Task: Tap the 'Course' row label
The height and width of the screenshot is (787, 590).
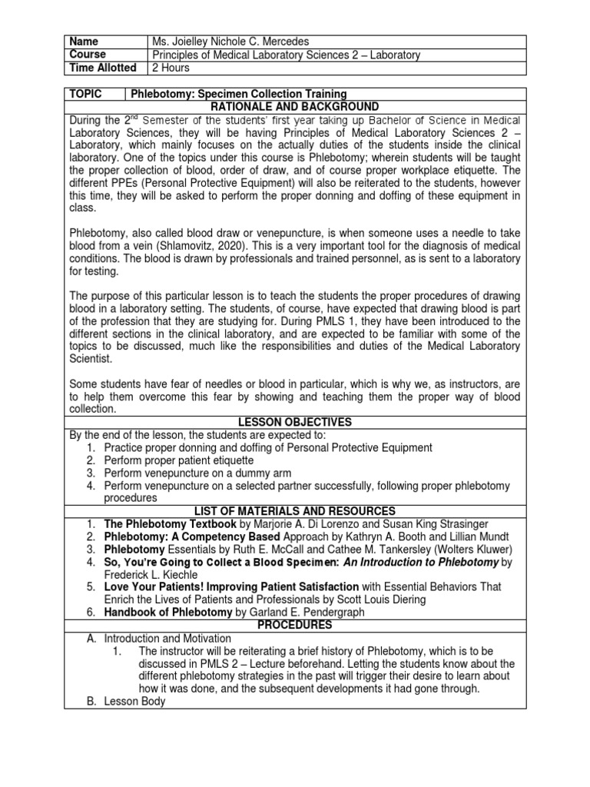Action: [88, 55]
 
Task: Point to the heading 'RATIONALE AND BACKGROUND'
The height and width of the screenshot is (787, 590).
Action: [295, 107]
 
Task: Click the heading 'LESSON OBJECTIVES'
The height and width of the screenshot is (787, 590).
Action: [295, 422]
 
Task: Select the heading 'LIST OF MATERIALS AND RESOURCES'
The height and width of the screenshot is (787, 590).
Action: [295, 511]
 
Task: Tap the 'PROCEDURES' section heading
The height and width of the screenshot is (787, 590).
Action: [295, 626]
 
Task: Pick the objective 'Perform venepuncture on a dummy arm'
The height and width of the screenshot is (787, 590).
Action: [197, 473]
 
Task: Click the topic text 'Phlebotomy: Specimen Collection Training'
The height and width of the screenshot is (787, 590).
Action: [239, 94]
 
